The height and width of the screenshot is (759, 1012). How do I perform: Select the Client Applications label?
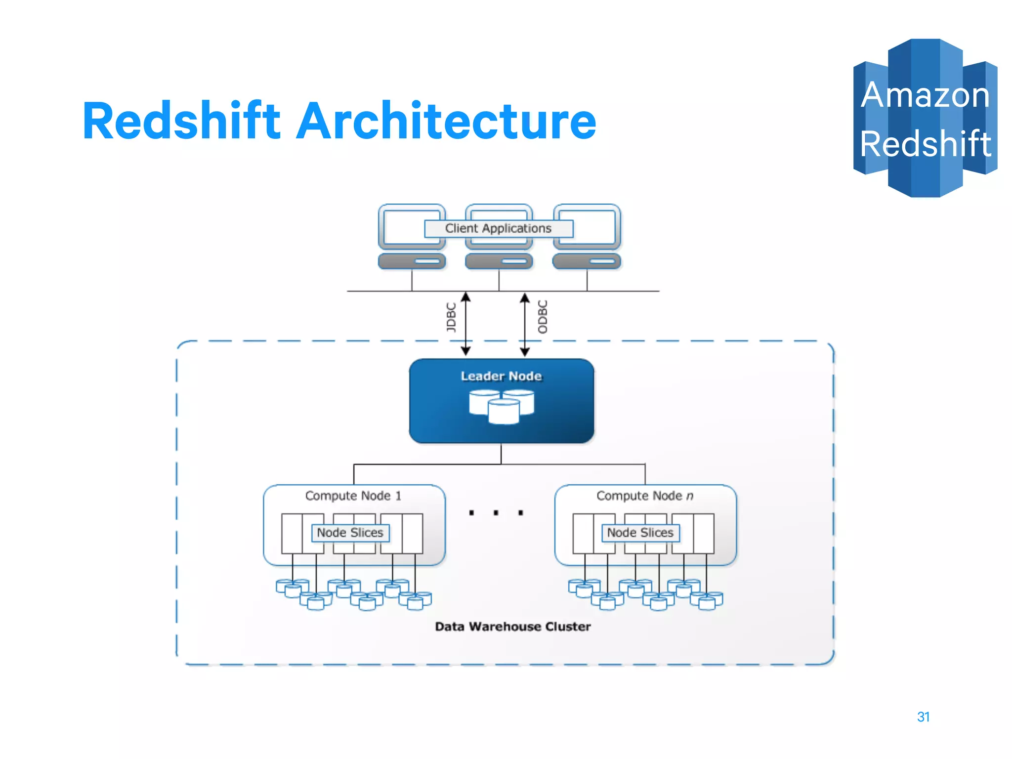click(x=498, y=228)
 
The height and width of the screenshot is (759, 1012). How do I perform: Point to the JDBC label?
click(x=451, y=317)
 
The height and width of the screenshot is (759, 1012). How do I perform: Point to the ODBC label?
click(x=543, y=317)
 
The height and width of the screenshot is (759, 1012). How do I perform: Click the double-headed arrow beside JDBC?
click(x=465, y=324)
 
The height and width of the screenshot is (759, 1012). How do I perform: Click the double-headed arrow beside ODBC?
click(x=525, y=324)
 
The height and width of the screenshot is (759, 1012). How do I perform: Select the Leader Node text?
click(x=501, y=376)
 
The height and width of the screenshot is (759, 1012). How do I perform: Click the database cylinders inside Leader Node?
click(x=501, y=406)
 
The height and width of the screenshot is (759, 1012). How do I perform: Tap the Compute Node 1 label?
click(x=353, y=496)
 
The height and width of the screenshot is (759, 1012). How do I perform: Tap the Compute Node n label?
click(x=644, y=496)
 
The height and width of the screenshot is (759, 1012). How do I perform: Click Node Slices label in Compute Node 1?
click(x=350, y=533)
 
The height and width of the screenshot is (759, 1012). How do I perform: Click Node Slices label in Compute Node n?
click(x=640, y=533)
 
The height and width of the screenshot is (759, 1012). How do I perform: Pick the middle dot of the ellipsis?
click(x=496, y=513)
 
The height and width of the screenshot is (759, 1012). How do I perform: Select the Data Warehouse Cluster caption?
click(x=512, y=627)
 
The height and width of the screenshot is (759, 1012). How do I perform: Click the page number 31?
click(x=923, y=717)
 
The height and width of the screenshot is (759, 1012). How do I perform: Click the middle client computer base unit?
click(x=499, y=261)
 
